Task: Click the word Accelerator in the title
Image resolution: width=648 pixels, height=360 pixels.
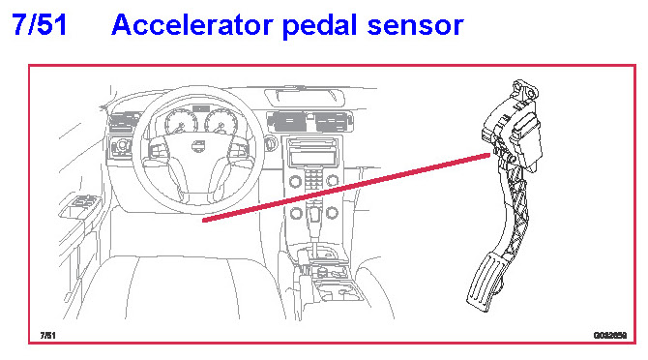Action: [x=191, y=25]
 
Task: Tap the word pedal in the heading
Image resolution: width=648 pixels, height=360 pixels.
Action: [x=320, y=26]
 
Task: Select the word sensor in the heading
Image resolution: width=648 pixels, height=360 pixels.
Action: [x=415, y=26]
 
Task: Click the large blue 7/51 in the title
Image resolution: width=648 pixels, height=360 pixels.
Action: [x=40, y=25]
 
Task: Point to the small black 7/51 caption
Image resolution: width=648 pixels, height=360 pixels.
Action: [x=47, y=335]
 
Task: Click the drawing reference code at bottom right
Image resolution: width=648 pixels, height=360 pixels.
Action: [x=610, y=335]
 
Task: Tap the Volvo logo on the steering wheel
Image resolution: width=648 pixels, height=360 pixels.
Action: [x=198, y=146]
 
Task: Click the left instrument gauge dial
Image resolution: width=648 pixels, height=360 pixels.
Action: [x=181, y=122]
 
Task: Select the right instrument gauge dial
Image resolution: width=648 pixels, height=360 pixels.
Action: [x=221, y=122]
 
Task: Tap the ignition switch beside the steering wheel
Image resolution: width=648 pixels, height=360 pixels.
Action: [x=271, y=143]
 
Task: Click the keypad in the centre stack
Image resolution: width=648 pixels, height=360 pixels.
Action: [x=313, y=179]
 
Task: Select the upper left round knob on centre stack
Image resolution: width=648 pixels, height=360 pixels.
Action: [x=295, y=181]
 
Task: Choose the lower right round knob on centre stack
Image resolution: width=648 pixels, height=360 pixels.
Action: [x=333, y=213]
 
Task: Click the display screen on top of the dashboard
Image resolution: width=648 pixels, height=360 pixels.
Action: [x=305, y=97]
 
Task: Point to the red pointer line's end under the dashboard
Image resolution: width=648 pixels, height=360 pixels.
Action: [x=204, y=221]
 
